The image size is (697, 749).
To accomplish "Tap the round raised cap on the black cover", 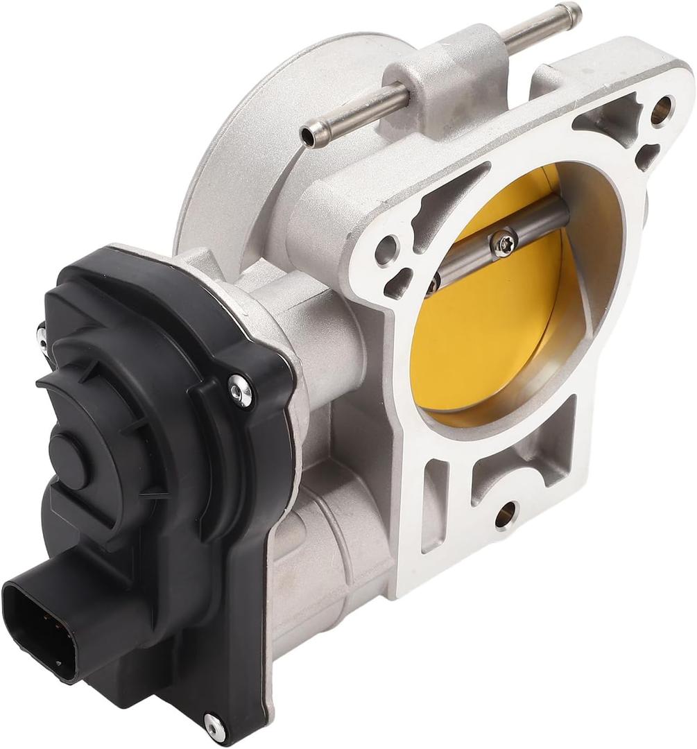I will point(73,445).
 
